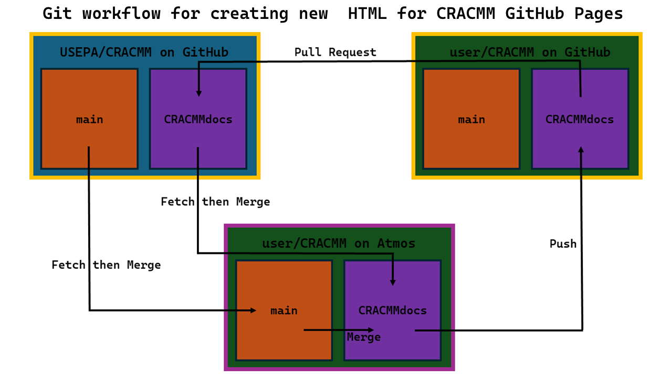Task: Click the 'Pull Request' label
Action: tap(335, 52)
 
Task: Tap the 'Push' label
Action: tap(563, 244)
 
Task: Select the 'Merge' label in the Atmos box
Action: tap(363, 337)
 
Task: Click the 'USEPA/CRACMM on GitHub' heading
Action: tap(144, 52)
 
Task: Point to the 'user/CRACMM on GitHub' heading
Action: tap(530, 52)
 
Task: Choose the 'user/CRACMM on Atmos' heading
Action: tap(339, 244)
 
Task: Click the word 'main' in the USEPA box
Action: tap(89, 120)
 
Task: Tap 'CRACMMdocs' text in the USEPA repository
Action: tap(198, 120)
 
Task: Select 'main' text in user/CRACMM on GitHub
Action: tap(471, 120)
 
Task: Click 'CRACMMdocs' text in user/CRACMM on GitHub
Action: tap(580, 120)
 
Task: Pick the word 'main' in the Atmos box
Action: tap(284, 311)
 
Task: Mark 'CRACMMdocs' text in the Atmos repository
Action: tap(393, 311)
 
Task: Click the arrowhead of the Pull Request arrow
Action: tap(199, 93)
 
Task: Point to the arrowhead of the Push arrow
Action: tap(581, 150)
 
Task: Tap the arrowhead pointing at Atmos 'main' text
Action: tap(253, 310)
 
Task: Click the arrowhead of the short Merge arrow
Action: tap(371, 330)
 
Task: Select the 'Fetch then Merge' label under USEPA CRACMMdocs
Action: tap(215, 202)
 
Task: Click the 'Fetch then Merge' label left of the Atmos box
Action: tap(106, 265)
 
